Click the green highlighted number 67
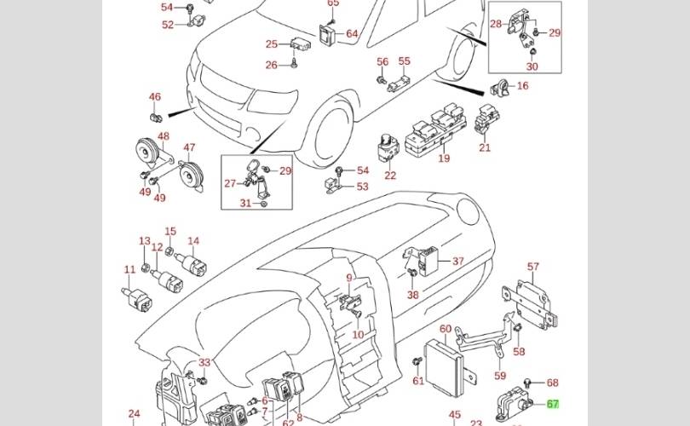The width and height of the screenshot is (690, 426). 553,406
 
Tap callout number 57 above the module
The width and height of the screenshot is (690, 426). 533,267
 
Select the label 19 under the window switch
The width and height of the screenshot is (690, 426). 444,158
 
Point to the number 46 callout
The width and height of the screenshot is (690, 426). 154,97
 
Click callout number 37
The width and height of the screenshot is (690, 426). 457,262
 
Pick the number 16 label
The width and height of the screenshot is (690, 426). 522,85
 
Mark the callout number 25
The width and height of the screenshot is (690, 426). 271,44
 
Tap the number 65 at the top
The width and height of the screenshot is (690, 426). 333,3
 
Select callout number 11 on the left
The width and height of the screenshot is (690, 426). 129,270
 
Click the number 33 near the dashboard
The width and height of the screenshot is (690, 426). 204,363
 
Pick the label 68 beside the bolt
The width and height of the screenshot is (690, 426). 552,383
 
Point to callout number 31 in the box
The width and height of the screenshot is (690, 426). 245,203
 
